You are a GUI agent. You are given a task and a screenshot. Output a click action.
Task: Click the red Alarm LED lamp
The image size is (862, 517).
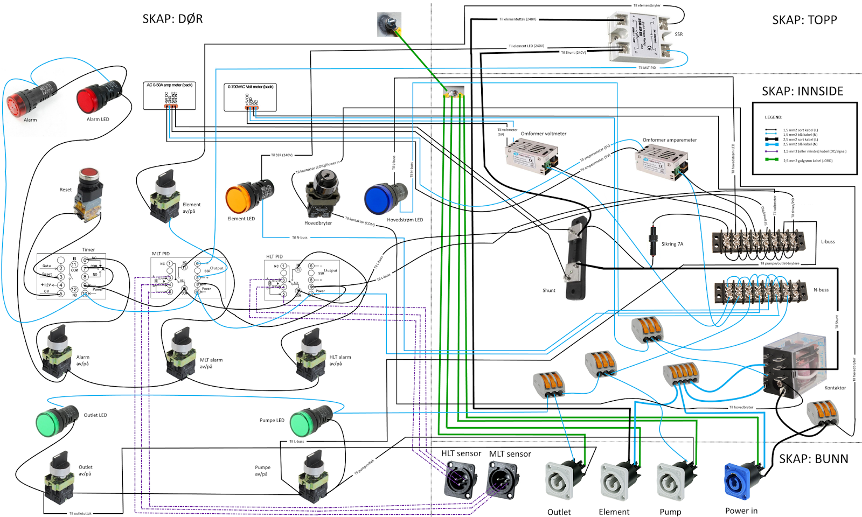point(98,98)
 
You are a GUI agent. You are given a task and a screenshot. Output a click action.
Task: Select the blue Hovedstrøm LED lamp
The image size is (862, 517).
point(385,198)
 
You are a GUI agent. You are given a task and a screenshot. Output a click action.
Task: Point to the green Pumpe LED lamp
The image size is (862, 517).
point(309,421)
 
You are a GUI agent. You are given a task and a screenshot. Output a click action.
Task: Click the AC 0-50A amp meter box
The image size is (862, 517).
point(169,95)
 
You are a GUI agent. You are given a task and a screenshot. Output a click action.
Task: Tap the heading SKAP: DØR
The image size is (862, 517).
point(172,19)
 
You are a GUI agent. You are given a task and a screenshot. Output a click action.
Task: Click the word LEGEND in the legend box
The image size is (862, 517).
point(773,117)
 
